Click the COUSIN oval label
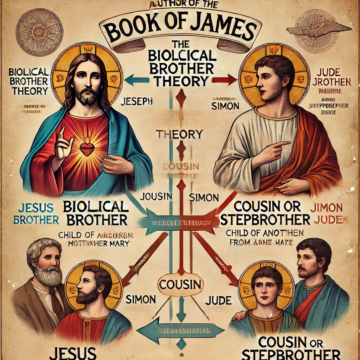[180, 284]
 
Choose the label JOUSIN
[156, 197]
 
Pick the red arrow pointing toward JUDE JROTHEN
[225, 80]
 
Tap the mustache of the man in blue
[302, 268]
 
